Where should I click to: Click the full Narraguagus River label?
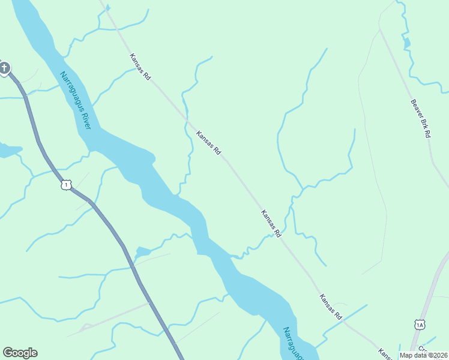click(76, 100)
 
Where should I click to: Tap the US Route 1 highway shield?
click(66, 185)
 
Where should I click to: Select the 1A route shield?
click(420, 325)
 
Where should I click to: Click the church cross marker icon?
click(4, 68)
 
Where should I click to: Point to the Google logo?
click(20, 353)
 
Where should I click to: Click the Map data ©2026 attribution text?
click(423, 355)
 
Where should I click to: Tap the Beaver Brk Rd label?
click(421, 119)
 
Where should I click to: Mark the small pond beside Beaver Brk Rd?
click(408, 43)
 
